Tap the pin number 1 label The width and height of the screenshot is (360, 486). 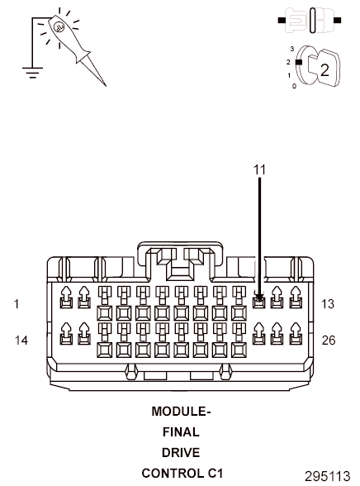pyautogui.click(x=17, y=304)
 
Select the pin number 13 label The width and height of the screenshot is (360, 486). pyautogui.click(x=328, y=304)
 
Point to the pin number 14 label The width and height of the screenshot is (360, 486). pyautogui.click(x=21, y=340)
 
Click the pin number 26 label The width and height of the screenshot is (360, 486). pyautogui.click(x=328, y=340)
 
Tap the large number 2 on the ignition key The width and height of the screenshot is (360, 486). pyautogui.click(x=324, y=69)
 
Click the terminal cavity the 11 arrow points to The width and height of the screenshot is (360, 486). pyautogui.click(x=259, y=299)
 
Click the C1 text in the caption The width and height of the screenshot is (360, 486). pyautogui.click(x=215, y=474)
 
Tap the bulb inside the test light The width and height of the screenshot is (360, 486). pyautogui.click(x=59, y=27)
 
